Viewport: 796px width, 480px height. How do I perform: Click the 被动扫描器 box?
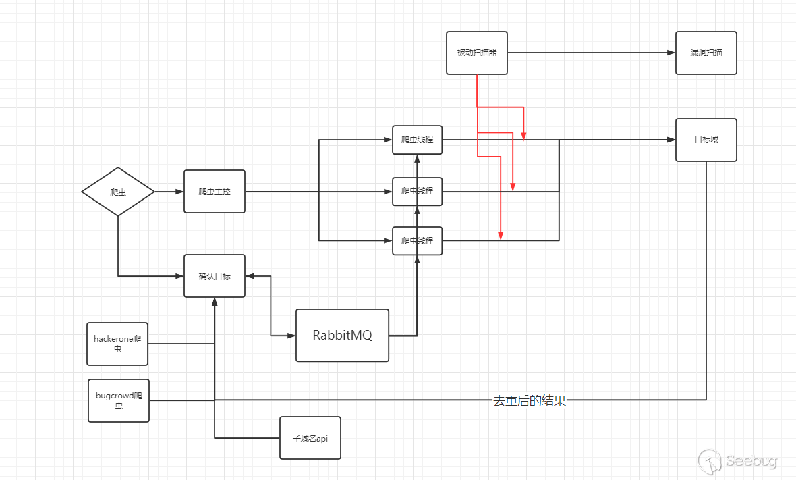coord(476,53)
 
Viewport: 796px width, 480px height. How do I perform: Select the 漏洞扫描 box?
coord(706,53)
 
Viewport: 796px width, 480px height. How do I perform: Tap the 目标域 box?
coord(706,140)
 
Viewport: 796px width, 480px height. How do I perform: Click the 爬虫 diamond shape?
coord(118,192)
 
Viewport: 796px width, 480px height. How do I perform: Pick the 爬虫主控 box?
coord(215,192)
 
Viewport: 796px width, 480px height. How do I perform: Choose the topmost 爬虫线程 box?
coord(417,140)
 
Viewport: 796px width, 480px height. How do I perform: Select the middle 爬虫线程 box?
coord(417,192)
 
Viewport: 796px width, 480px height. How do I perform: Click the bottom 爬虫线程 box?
coord(417,240)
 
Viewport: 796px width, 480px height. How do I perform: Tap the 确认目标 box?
coord(215,275)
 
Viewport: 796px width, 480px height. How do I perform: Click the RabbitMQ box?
coord(342,335)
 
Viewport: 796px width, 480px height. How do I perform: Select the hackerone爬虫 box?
coord(118,344)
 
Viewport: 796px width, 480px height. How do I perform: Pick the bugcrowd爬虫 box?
coord(118,400)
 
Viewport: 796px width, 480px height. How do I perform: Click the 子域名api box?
coord(310,437)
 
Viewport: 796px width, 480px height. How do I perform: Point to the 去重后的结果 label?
coord(530,400)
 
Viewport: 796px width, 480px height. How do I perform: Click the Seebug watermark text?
coord(751,461)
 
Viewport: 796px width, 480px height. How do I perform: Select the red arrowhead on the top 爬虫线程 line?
coord(523,136)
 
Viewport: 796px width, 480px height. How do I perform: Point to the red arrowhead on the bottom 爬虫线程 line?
coord(501,235)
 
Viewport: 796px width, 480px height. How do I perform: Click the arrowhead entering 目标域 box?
coord(671,140)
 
